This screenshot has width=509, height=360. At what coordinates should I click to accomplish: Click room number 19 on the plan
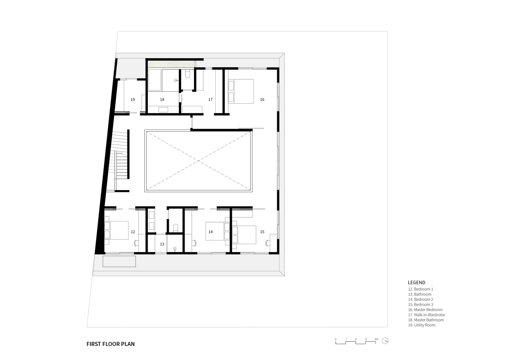(133, 100)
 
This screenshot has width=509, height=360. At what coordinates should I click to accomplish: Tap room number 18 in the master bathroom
(162, 100)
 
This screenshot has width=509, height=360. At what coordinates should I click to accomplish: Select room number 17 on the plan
(211, 100)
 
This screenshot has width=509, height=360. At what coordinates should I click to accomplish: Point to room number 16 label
(262, 100)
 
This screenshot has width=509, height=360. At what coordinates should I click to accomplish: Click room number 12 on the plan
(133, 232)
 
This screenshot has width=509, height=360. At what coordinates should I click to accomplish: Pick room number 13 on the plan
(162, 244)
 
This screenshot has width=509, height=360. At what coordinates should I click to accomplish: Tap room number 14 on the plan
(211, 232)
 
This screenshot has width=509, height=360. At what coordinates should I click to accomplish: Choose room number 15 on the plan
(262, 232)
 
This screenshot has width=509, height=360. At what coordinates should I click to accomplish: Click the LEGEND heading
(416, 283)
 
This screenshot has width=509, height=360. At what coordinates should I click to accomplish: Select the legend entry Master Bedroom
(425, 310)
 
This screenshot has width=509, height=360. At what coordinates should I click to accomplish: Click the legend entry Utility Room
(422, 325)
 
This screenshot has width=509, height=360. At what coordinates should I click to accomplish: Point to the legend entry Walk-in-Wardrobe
(427, 315)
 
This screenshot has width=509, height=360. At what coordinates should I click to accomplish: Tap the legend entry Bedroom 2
(420, 299)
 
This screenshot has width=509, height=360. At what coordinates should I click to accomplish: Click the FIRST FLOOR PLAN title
(111, 344)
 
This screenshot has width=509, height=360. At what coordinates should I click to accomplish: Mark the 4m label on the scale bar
(377, 339)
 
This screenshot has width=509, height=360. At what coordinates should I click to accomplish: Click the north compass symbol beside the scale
(385, 341)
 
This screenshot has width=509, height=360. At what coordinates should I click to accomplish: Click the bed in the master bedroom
(240, 91)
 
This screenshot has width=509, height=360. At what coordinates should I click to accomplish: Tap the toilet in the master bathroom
(188, 74)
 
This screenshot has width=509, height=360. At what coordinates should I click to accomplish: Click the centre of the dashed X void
(198, 161)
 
